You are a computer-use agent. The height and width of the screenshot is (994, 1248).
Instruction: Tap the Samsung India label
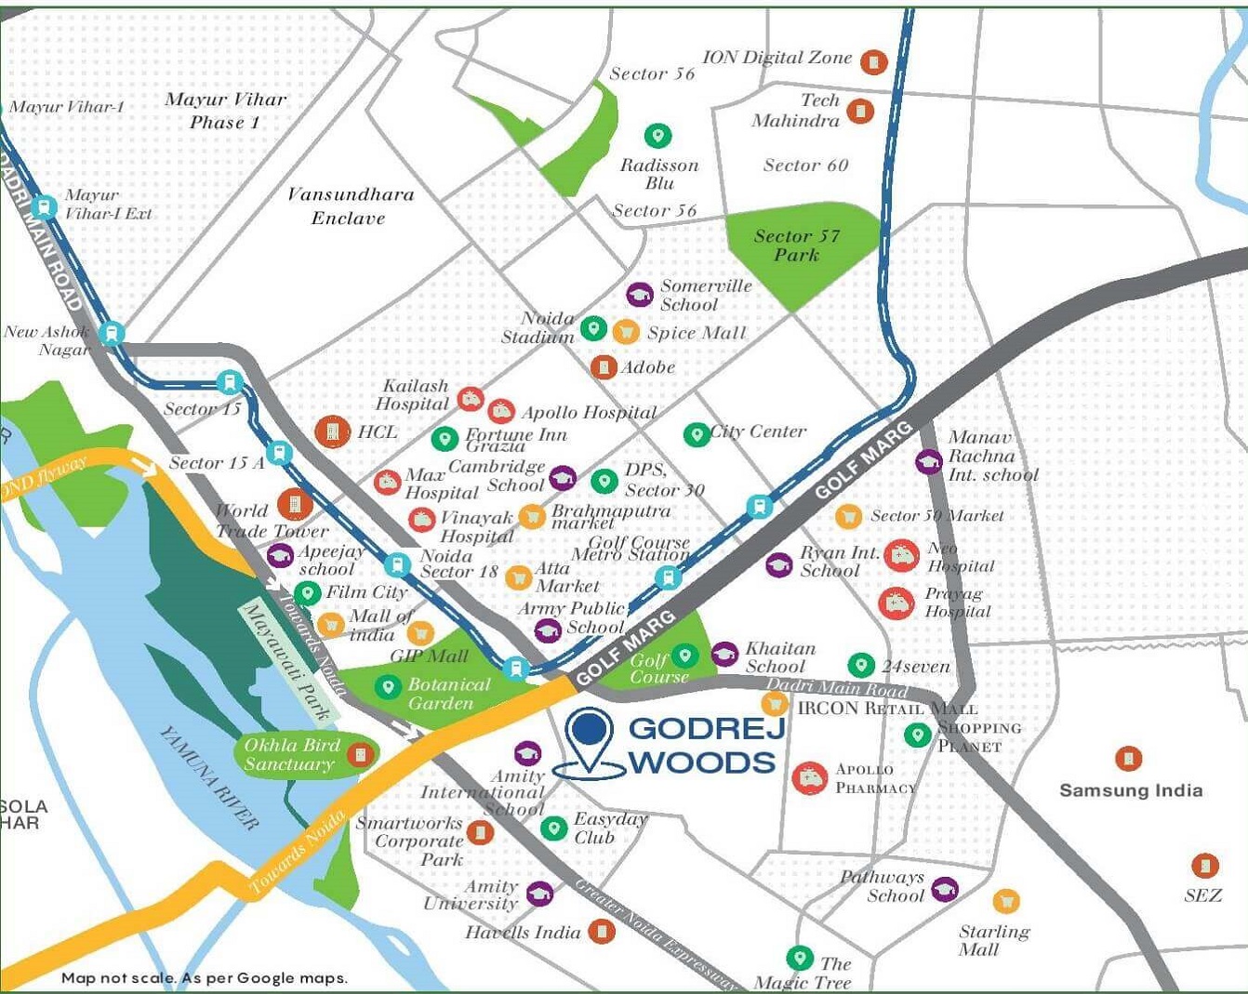(1131, 790)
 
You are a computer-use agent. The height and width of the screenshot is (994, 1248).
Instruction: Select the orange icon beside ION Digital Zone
(873, 62)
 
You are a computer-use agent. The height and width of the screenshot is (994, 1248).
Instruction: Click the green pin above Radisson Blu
(658, 136)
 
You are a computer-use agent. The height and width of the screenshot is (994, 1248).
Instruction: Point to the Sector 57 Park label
(797, 245)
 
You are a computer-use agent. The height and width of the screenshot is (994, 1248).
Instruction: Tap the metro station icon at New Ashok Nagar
(113, 332)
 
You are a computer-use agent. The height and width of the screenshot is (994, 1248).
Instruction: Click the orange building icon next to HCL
(332, 431)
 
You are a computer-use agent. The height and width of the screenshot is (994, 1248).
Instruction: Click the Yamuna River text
(209, 777)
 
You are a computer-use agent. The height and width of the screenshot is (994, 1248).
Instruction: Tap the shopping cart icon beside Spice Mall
(626, 330)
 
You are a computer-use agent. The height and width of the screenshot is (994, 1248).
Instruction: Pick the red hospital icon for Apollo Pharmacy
(809, 777)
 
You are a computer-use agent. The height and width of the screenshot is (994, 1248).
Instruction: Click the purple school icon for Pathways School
(945, 889)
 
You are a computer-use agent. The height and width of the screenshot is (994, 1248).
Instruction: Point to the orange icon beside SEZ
(1204, 866)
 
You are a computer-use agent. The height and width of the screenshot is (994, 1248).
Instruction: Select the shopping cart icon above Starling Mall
(1005, 901)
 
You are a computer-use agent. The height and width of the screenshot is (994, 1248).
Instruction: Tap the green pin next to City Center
(696, 434)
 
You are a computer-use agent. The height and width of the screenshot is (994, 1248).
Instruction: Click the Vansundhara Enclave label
(349, 205)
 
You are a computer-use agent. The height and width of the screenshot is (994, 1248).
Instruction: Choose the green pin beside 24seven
(861, 665)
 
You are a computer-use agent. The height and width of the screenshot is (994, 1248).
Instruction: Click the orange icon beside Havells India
(602, 931)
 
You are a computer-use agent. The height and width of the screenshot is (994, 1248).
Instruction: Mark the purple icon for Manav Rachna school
(928, 461)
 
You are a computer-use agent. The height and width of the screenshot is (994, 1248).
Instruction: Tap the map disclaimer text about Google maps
(204, 977)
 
